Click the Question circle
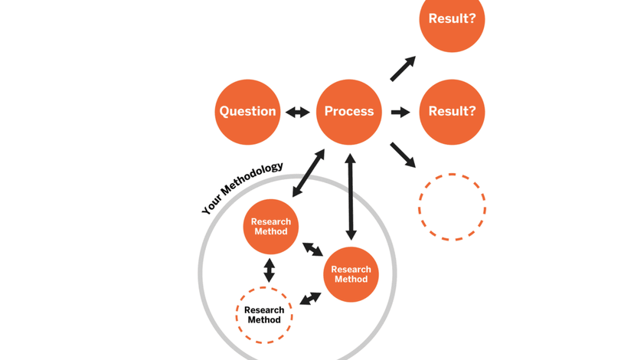pos(247,112)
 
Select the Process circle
pos(349,112)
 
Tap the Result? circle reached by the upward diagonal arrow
pos(452,20)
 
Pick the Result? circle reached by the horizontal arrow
pos(452,112)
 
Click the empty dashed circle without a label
pos(452,207)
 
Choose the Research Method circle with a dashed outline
pos(264,315)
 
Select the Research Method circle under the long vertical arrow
pos(351,274)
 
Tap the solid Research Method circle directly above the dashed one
pos(270,227)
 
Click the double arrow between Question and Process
pos(298,113)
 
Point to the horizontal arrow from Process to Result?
pos(400,113)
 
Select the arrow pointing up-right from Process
pos(403,68)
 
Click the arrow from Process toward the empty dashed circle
pos(403,155)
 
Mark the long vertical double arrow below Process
pos(351,197)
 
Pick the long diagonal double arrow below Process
pos(309,173)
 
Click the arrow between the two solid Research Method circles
pos(312,250)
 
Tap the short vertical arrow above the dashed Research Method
pos(269,270)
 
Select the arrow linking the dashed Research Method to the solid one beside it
pos(310,298)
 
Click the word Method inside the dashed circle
pos(264,319)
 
